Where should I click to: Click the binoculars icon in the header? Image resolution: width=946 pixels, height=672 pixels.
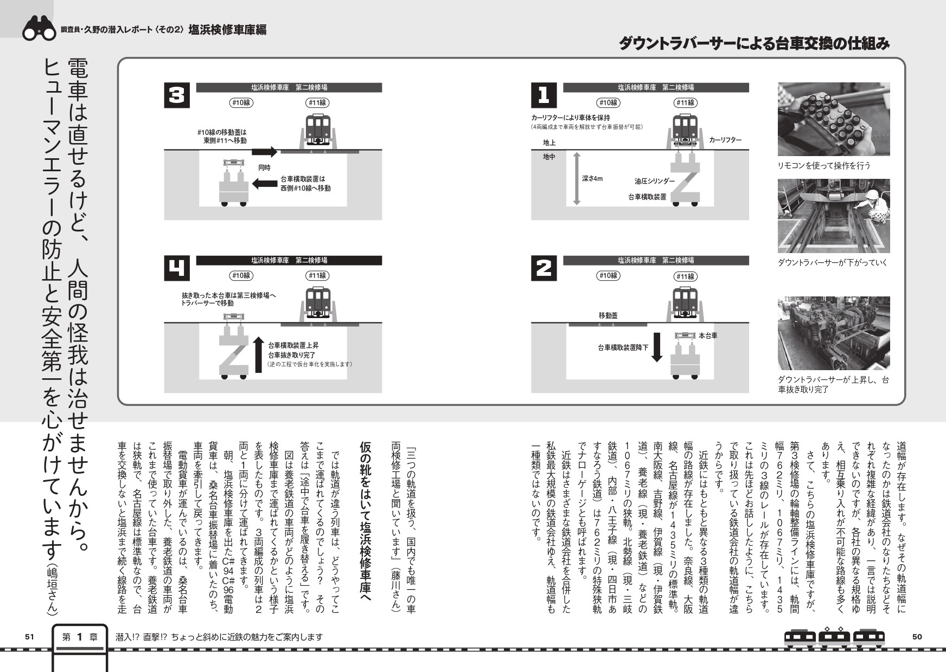click(39, 30)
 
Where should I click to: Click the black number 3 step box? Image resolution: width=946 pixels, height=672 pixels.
click(177, 96)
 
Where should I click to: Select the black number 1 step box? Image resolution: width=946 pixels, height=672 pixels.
click(544, 96)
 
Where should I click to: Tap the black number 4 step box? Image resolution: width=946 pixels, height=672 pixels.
click(177, 269)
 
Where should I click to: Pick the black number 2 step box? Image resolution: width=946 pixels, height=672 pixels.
click(544, 269)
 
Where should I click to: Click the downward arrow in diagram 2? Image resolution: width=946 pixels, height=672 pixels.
click(657, 347)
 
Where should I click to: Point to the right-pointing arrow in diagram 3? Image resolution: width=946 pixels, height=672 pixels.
click(265, 152)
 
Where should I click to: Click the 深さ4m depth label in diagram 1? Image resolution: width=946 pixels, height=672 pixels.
click(592, 178)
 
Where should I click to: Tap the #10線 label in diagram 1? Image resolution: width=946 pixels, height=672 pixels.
click(608, 102)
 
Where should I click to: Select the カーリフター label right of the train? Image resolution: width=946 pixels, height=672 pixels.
click(725, 140)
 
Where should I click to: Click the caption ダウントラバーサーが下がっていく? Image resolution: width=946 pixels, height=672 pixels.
click(833, 263)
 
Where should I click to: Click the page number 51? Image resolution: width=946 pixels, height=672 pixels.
click(30, 637)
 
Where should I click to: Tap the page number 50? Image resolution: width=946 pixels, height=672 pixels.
click(917, 637)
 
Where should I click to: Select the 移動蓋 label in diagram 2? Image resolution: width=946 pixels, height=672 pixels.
click(608, 315)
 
